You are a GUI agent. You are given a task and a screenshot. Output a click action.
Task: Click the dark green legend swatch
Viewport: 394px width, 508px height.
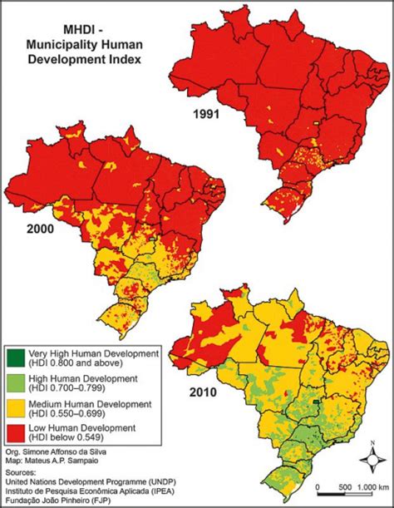(15, 358)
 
